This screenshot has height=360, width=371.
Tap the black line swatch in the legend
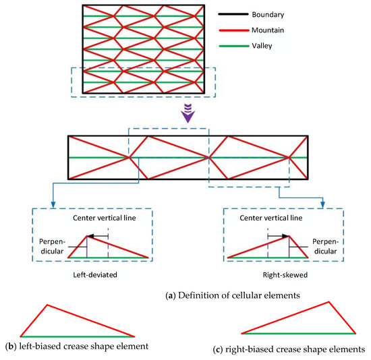tap(229, 14)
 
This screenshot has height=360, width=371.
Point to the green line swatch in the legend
tap(229, 47)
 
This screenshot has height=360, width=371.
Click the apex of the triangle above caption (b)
tap(47, 305)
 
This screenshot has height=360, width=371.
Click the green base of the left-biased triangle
tap(78, 336)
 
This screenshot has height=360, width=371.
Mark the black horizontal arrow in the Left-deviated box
tap(98, 236)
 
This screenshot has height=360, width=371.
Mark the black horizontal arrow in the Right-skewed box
tap(277, 236)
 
